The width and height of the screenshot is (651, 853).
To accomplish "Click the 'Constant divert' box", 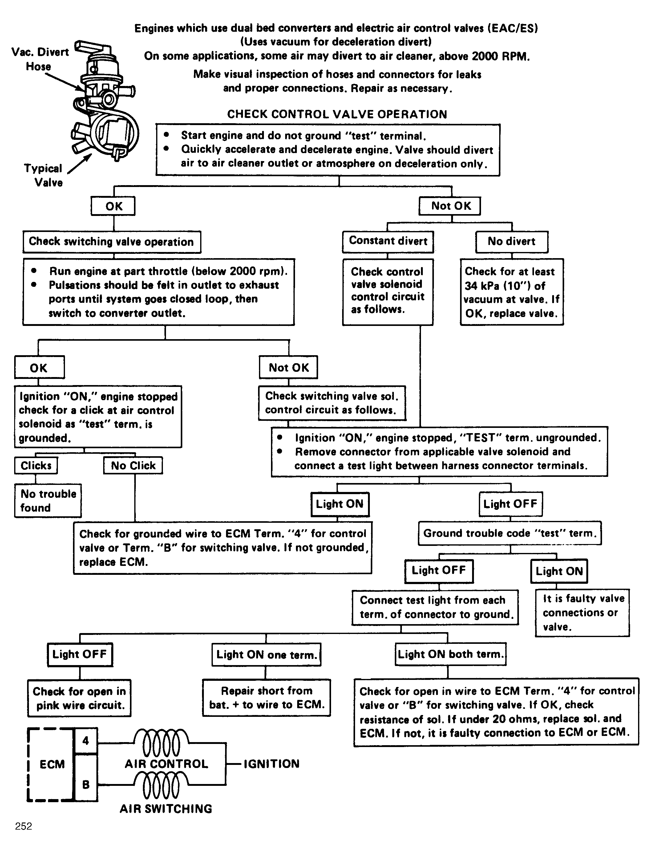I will point(388,241).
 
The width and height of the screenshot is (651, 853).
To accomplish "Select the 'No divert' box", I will point(512,242).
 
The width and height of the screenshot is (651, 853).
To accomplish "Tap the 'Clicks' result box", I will point(36,465).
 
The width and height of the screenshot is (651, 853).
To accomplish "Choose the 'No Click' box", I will point(133,465).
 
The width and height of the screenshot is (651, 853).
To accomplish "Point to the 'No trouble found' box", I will point(48,501).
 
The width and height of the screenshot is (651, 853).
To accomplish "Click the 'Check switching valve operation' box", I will point(111,242).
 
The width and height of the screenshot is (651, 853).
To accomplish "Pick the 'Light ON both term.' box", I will point(451,654).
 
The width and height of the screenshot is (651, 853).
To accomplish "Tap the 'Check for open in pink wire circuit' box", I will point(79,698).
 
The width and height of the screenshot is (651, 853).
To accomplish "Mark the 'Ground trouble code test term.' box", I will point(510,533).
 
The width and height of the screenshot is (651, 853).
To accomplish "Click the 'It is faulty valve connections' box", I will point(582,613).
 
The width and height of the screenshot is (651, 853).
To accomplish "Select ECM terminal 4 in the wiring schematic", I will point(86,741).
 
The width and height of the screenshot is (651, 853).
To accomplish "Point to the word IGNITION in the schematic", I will point(271,764).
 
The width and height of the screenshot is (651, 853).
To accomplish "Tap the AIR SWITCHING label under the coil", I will point(166,809).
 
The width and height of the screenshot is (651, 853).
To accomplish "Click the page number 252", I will point(24,826).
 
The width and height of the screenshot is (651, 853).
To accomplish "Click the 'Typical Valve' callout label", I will point(43,175).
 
